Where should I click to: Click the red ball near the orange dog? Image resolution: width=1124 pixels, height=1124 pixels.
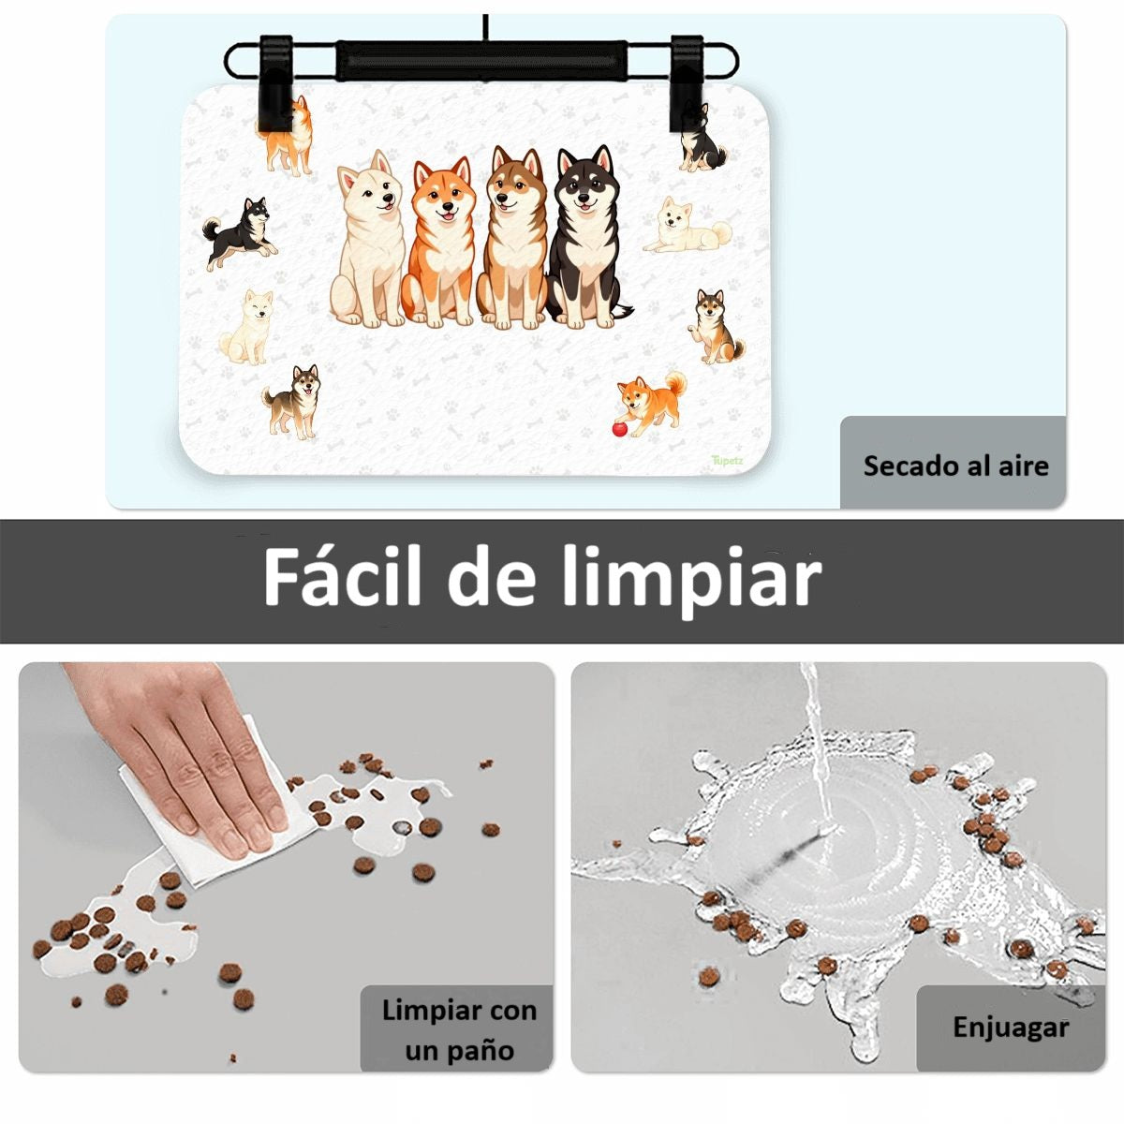(619, 430)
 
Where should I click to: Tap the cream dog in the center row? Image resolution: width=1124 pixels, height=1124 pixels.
(367, 239)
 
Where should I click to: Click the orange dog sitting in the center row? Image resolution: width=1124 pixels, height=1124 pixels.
(438, 242)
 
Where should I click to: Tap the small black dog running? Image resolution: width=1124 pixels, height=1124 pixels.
(241, 233)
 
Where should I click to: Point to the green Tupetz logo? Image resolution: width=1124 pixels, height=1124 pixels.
(728, 460)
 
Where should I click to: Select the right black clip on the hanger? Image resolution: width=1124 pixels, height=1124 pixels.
(688, 91)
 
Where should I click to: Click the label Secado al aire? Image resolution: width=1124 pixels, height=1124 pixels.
(956, 466)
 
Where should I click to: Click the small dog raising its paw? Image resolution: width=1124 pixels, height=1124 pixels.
(715, 326)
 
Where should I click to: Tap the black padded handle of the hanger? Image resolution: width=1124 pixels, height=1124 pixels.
(482, 61)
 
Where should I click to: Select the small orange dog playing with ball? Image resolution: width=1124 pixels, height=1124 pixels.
(653, 404)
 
